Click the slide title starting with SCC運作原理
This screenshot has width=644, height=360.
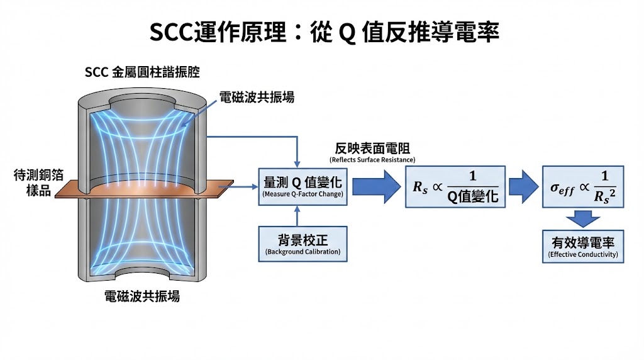click(324, 32)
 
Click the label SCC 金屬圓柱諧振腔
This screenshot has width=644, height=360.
click(142, 72)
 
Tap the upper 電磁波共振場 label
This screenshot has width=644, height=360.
click(257, 98)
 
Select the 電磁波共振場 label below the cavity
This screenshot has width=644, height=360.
click(142, 296)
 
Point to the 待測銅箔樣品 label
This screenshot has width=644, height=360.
click(32, 183)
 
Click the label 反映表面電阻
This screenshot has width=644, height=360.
click(373, 149)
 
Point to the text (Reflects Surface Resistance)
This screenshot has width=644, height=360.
click(373, 159)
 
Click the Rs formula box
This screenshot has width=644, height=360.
click(456, 187)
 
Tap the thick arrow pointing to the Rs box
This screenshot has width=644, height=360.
click(376, 187)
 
